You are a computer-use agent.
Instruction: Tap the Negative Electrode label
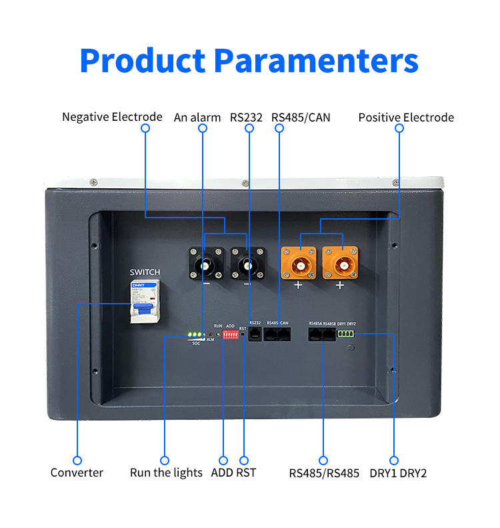(112, 117)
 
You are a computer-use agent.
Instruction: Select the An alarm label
(197, 117)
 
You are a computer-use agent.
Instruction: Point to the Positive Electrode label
(406, 117)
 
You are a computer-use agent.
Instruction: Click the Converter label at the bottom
(77, 473)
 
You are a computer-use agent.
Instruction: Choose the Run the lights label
(166, 473)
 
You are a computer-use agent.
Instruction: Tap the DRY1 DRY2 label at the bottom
(398, 473)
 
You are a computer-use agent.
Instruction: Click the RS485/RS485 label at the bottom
(324, 473)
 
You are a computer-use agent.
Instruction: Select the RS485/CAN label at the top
(301, 117)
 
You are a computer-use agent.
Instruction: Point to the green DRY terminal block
(347, 334)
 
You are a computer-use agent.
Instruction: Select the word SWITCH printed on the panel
(145, 272)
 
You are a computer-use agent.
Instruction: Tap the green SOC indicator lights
(195, 334)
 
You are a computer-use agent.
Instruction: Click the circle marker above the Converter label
(77, 461)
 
